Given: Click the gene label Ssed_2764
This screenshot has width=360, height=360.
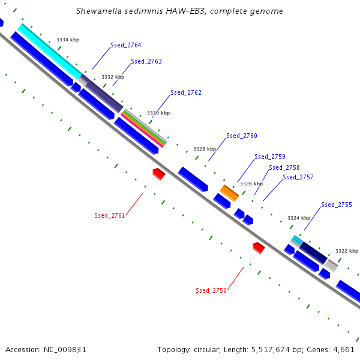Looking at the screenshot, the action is click(126, 45).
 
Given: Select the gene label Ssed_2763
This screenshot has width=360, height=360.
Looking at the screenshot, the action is click(146, 61).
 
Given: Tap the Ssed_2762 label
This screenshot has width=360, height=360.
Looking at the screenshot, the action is click(186, 92).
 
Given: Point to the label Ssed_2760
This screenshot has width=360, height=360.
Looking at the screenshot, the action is click(242, 136).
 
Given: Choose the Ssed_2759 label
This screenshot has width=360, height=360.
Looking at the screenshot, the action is click(270, 157).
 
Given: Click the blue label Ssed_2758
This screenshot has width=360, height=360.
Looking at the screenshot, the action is click(284, 167).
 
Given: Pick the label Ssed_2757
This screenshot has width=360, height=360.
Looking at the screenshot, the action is click(298, 177).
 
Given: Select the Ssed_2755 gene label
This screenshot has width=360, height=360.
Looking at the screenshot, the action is click(337, 205).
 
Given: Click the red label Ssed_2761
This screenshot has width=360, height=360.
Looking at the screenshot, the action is click(110, 215).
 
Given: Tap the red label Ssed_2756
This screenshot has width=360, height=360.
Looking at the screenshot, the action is click(211, 290).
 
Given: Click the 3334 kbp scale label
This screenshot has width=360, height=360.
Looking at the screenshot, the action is click(68, 40).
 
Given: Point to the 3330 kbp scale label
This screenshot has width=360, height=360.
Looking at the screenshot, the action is click(158, 113).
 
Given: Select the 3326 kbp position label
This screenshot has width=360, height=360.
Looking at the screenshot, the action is click(251, 184).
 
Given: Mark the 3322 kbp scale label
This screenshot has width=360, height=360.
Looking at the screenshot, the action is click(347, 251).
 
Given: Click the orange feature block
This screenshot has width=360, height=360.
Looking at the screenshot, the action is click(229, 193).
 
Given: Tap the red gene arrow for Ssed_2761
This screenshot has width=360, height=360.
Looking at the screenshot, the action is click(159, 174).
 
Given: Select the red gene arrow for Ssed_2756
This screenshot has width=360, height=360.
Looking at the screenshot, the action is click(259, 248).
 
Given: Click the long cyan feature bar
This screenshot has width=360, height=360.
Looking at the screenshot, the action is click(50, 52).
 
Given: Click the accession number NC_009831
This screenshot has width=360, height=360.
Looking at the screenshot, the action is click(65, 350).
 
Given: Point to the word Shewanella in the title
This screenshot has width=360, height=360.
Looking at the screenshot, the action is click(99, 11).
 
